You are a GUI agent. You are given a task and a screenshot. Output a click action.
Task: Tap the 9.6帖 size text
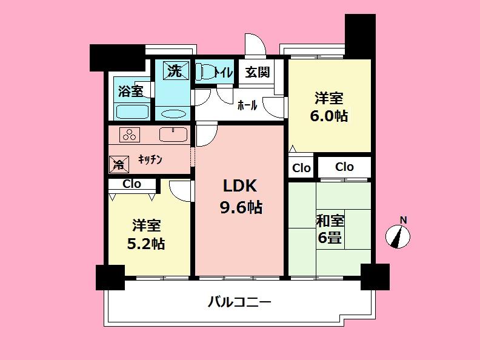pos(240,207)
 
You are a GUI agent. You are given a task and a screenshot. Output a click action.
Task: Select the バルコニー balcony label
pos(239,301)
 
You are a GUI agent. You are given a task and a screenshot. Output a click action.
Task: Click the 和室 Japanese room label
pos(330,221)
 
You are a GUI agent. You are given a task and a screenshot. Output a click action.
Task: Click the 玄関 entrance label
pos(257,72)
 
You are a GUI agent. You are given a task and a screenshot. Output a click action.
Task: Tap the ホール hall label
pos(247,105)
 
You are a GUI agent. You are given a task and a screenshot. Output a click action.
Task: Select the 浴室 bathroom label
pos(130,92)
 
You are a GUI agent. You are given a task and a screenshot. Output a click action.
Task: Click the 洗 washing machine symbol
pos(174,72)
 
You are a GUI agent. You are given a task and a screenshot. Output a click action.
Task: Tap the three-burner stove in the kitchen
pos(129,135)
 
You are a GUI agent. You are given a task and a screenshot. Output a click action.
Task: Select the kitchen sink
pos(173,135)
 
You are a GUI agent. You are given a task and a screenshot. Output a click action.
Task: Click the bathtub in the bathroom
pos(132,112)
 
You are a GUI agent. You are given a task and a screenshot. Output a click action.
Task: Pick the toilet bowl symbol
pos(206,73)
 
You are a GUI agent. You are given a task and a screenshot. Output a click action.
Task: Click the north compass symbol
pos(398,235)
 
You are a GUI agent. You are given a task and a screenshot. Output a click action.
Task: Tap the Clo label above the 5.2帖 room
pos(132,184)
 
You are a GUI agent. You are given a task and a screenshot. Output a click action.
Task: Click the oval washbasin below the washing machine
pos(174,113)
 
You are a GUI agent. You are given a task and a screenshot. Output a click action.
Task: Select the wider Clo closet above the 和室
pos(344,167)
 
